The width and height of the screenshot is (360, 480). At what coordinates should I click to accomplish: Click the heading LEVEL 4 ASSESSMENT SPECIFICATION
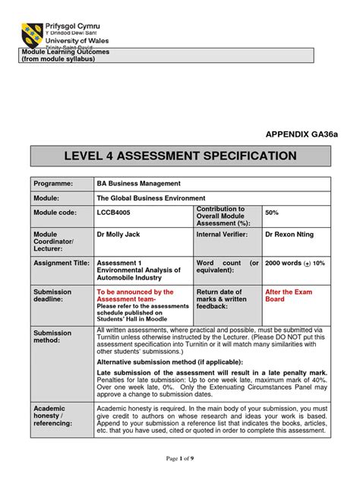coord(180,156)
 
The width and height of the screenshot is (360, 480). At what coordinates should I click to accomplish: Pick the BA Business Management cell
coord(138,183)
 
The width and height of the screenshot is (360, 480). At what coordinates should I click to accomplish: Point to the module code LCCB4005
coord(114,214)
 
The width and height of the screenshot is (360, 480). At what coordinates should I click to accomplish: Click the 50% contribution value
coord(272,213)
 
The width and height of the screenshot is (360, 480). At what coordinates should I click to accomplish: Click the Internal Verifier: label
coord(226,236)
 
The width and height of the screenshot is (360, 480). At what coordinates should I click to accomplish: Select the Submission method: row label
coord(52,337)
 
